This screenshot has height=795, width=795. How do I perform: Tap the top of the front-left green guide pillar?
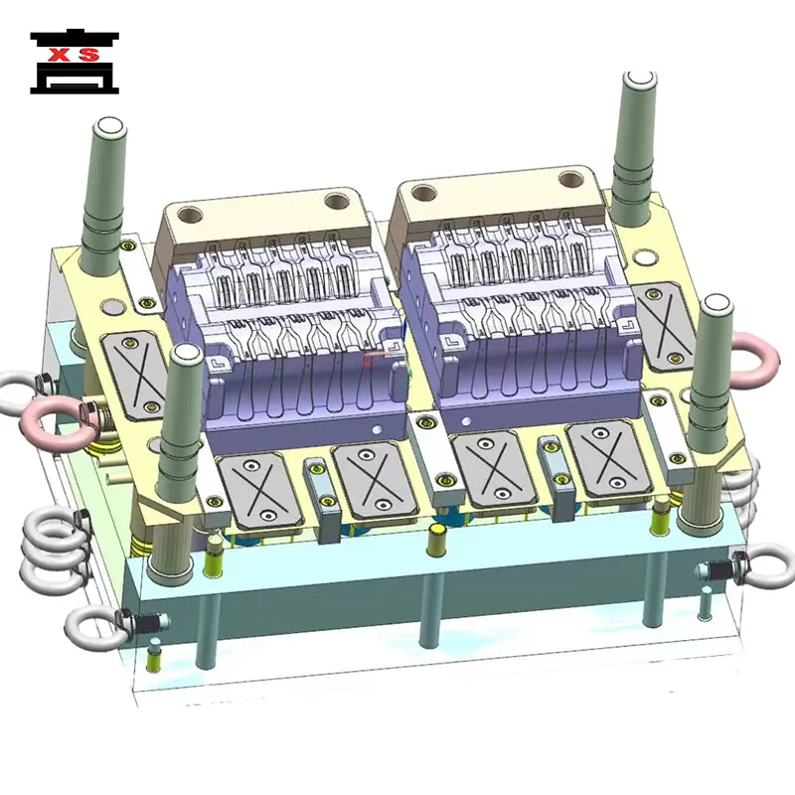click(184, 356)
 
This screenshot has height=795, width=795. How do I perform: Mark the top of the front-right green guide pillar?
click(714, 303)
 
